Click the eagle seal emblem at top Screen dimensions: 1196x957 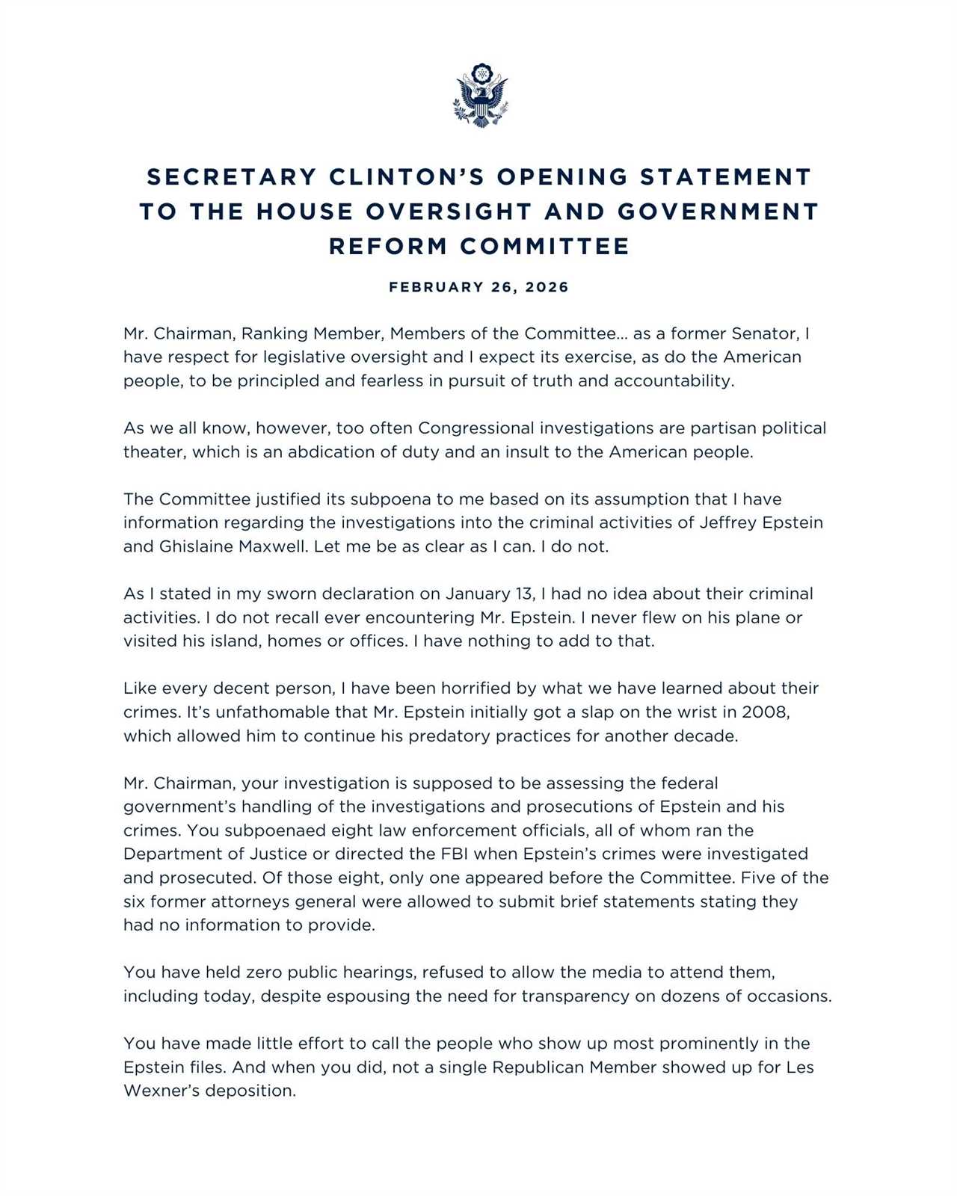pyautogui.click(x=479, y=95)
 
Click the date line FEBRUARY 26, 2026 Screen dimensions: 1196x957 pyautogui.click(x=478, y=287)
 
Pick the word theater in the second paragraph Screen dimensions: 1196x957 pyautogui.click(x=153, y=452)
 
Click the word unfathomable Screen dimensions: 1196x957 pyautogui.click(x=285, y=712)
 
